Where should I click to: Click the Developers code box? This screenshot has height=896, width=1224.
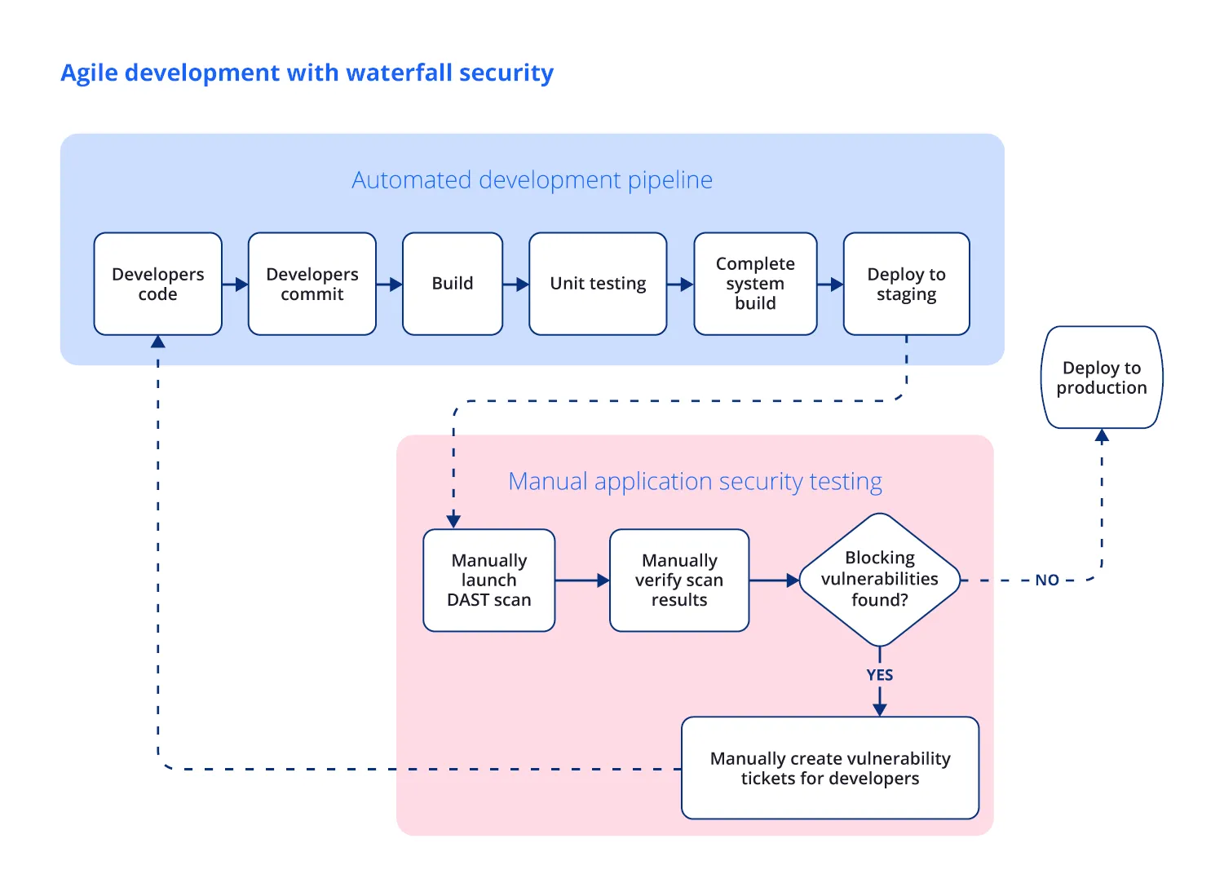pyautogui.click(x=157, y=284)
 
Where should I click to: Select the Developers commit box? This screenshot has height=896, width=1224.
pyautogui.click(x=312, y=284)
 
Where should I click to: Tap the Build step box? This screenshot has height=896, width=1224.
pyautogui.click(x=452, y=284)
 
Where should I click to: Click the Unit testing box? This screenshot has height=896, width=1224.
pyautogui.click(x=597, y=284)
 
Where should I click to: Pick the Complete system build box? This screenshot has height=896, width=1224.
pyautogui.click(x=755, y=284)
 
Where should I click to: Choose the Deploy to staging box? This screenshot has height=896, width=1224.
pyautogui.click(x=906, y=284)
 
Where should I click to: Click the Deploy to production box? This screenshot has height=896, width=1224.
pyautogui.click(x=1102, y=377)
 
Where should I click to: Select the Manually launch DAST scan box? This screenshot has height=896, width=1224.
pyautogui.click(x=488, y=580)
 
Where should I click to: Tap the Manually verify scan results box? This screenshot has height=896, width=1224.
pyautogui.click(x=678, y=580)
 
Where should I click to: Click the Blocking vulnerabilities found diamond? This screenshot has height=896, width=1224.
pyautogui.click(x=879, y=580)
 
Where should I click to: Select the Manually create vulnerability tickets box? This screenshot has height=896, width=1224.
pyautogui.click(x=829, y=768)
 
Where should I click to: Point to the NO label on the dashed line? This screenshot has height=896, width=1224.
pyautogui.click(x=1047, y=580)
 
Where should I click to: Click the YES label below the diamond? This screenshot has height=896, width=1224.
pyautogui.click(x=879, y=675)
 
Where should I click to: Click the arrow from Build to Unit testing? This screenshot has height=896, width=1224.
pyautogui.click(x=515, y=285)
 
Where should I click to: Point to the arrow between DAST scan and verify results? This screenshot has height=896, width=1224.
pyautogui.click(x=582, y=580)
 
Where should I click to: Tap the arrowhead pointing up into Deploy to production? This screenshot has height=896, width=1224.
pyautogui.click(x=1102, y=436)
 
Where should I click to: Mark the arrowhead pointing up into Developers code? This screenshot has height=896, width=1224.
pyautogui.click(x=158, y=342)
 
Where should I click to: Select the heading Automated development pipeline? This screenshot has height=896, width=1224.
pyautogui.click(x=532, y=179)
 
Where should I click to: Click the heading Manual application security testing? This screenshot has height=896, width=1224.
pyautogui.click(x=695, y=481)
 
